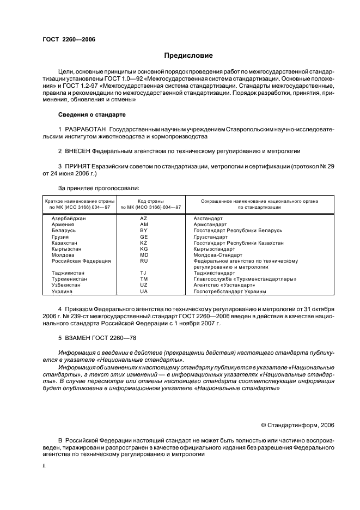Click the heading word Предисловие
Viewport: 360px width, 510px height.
(x=188, y=56)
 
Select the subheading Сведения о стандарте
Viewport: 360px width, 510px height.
(x=91, y=115)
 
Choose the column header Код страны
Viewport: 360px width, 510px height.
(x=150, y=201)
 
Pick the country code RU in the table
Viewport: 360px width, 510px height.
(x=144, y=260)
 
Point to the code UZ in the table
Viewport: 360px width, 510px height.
(x=144, y=285)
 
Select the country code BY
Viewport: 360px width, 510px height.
(x=144, y=230)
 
